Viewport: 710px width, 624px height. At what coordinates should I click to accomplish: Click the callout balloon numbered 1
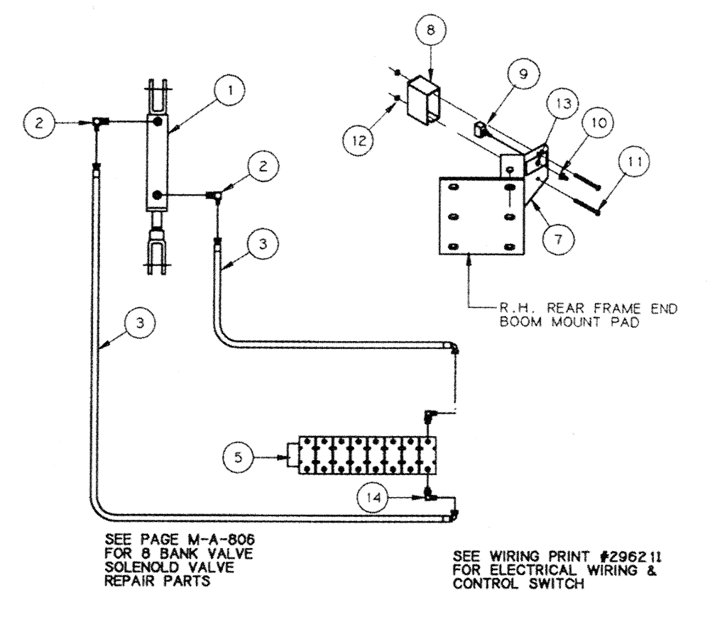[x=232, y=91]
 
